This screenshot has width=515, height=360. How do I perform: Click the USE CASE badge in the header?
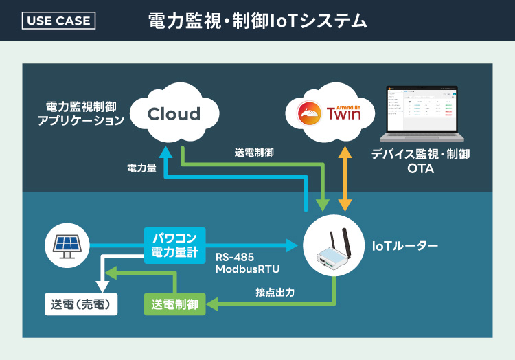pyautogui.click(x=59, y=21)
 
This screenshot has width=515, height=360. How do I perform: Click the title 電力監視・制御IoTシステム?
pyautogui.click(x=257, y=21)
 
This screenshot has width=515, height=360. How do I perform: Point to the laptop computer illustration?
pyautogui.click(x=420, y=113)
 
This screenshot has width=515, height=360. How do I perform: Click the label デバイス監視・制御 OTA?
pyautogui.click(x=420, y=161)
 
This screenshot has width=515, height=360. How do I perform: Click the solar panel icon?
pyautogui.click(x=66, y=245)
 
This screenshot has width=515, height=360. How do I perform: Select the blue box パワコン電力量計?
pyautogui.click(x=174, y=245)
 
